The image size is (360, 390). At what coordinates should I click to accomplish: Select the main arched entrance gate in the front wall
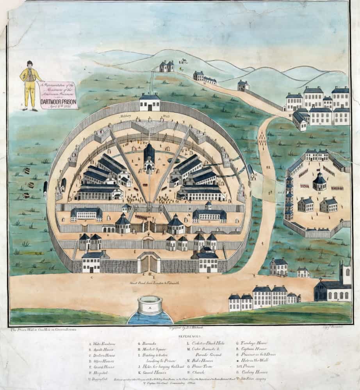coord(150,263)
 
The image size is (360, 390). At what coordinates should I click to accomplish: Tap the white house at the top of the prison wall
coord(150,103)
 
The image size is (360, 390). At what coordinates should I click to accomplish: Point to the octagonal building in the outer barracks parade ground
coord(319,181)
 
